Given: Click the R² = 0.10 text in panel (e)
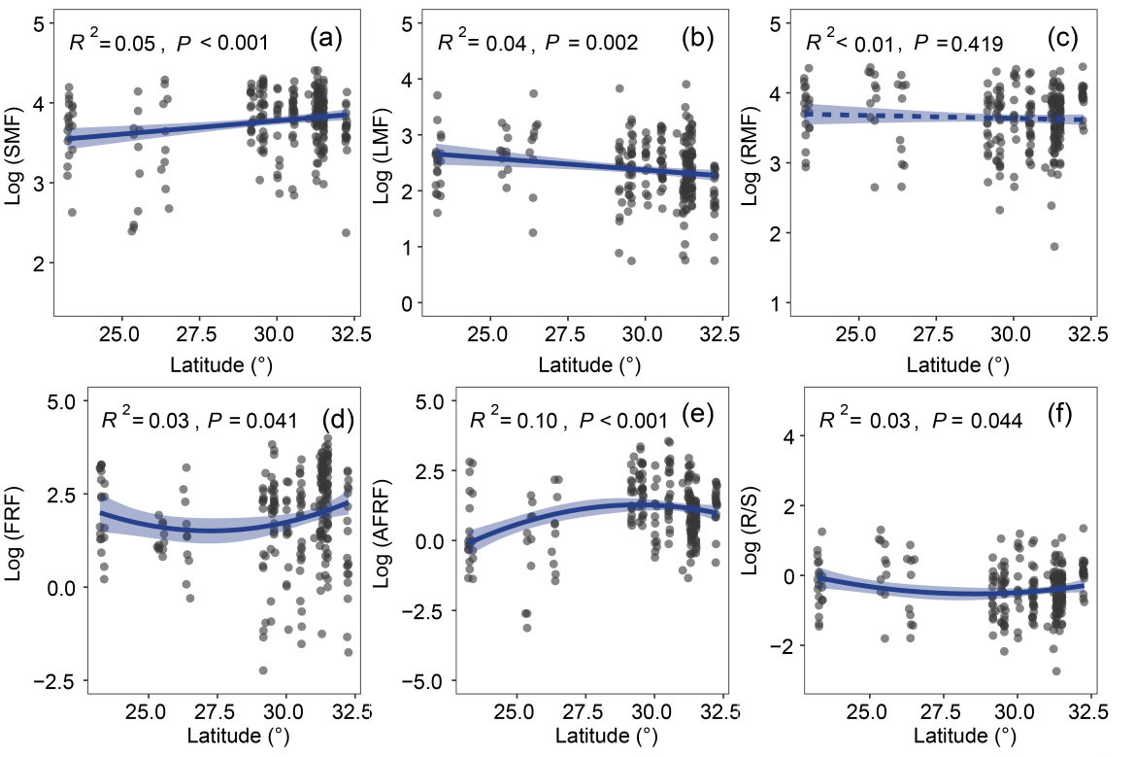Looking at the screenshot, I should [x=511, y=421].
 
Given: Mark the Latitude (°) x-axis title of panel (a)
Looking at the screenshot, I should [x=206, y=365].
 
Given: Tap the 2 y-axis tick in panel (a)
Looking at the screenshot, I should [x=37, y=263].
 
